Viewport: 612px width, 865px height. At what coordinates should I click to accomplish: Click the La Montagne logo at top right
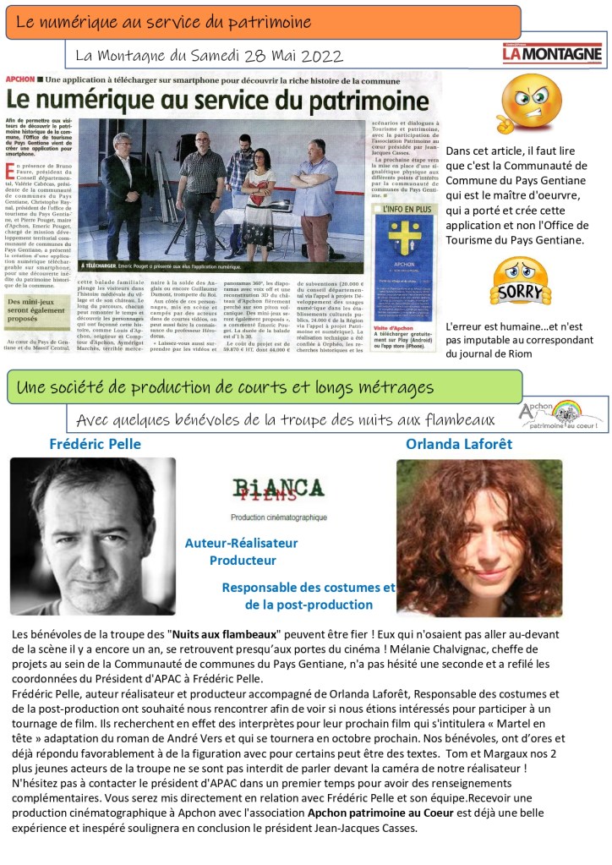[x=551, y=54]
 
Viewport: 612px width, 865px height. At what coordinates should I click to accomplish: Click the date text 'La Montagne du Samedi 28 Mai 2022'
[x=209, y=56]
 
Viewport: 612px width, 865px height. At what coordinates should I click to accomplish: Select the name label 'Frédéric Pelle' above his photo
[x=95, y=444]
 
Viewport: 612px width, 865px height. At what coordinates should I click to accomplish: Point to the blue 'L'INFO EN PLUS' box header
[x=404, y=207]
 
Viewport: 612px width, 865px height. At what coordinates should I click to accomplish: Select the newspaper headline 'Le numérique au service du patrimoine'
[x=216, y=101]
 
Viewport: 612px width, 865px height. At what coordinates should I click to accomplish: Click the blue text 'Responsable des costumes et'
[x=308, y=588]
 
